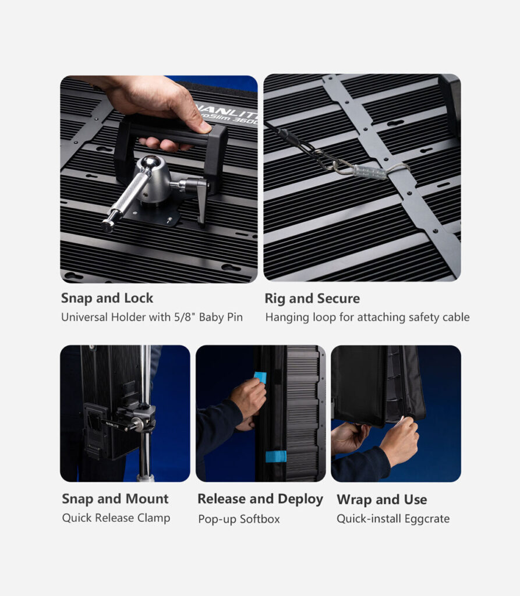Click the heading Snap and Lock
tap(107, 298)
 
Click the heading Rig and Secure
tap(312, 299)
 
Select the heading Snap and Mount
tap(115, 499)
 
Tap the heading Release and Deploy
tap(260, 499)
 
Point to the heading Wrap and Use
tap(381, 499)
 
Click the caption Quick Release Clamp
tap(116, 518)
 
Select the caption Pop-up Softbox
tap(239, 519)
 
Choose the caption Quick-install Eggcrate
tap(393, 519)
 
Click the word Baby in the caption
tap(211, 317)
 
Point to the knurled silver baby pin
tap(126, 200)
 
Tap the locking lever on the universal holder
tap(200, 201)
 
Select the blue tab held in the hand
tap(260, 377)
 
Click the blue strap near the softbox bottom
tap(276, 456)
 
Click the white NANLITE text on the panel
tap(228, 108)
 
